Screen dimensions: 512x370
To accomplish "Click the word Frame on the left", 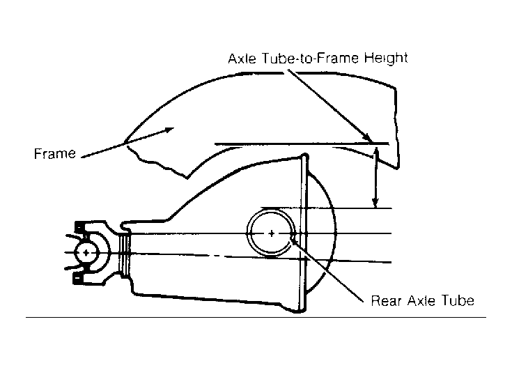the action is (55, 153).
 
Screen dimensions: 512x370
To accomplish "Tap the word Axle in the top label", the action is (242, 59).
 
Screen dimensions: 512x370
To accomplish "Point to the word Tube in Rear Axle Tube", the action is (458, 300).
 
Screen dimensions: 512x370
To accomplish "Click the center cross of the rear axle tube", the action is (272, 233).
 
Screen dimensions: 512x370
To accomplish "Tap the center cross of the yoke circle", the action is (86, 252).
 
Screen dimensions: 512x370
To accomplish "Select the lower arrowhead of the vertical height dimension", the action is (376, 202).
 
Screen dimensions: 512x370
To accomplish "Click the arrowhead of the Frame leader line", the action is (169, 130).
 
